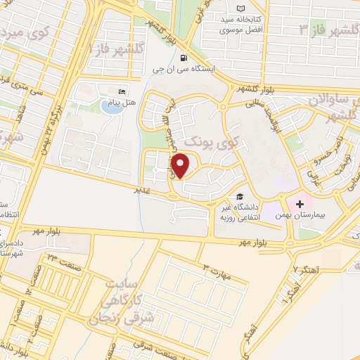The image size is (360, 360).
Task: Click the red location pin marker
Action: [181, 166]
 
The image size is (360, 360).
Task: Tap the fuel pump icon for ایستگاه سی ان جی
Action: [184, 58]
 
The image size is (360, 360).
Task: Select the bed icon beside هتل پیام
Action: [122, 91]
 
